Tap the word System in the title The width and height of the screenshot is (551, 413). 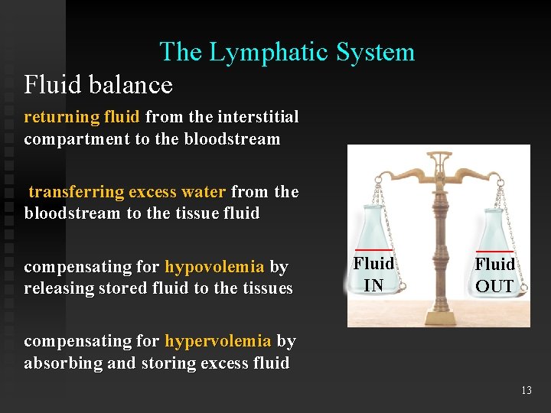(x=374, y=52)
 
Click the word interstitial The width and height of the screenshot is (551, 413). (x=258, y=117)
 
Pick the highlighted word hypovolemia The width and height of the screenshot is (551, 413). (x=214, y=267)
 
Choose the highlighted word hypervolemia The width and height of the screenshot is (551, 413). (x=218, y=340)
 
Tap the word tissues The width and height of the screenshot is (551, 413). (x=266, y=288)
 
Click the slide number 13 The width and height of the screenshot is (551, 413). (x=526, y=390)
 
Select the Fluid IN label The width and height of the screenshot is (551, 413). (x=373, y=275)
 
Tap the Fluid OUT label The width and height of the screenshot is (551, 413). (x=494, y=275)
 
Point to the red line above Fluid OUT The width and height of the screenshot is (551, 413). (x=494, y=251)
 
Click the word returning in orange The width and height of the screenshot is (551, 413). (x=60, y=117)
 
